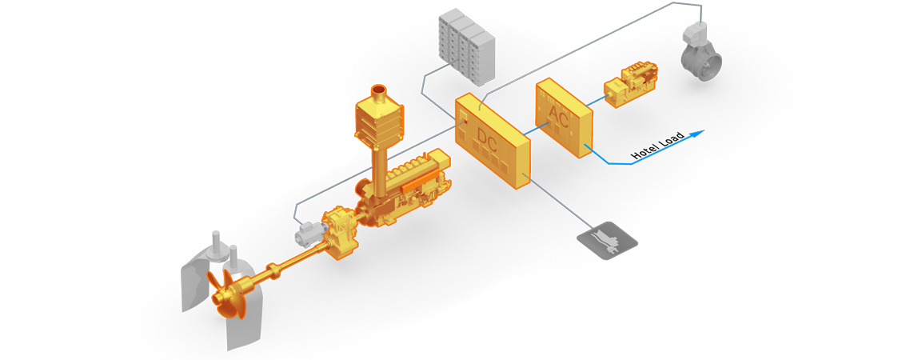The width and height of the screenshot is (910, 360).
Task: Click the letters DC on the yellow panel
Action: pyautogui.click(x=487, y=140)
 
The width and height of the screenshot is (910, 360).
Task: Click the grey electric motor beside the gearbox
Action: pyautogui.click(x=306, y=234)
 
